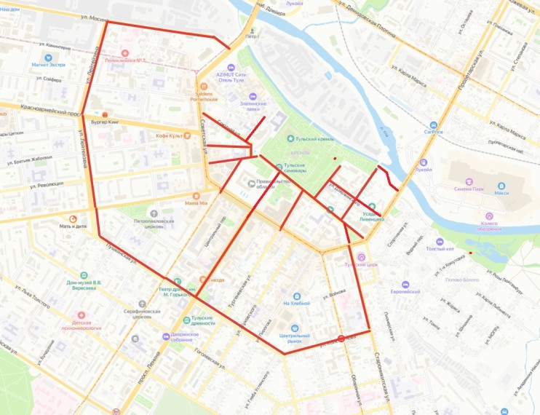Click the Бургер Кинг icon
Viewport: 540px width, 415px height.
pyautogui.click(x=106, y=114)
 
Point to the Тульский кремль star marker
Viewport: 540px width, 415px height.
pyautogui.click(x=290, y=138)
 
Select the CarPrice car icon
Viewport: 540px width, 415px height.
pyautogui.click(x=434, y=125)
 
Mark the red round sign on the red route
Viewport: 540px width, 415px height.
pyautogui.click(x=341, y=338)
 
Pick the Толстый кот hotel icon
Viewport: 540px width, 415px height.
pyautogui.click(x=439, y=241)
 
